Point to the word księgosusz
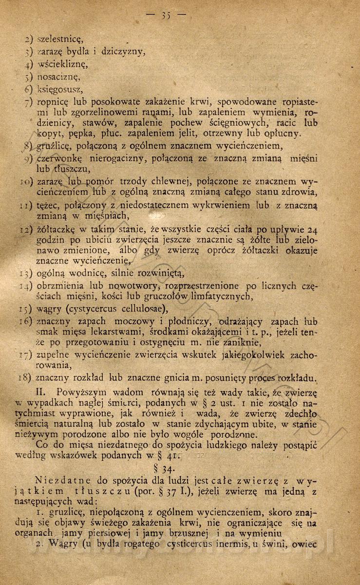60,89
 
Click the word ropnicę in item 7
53,101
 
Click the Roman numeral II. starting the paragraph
42,391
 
